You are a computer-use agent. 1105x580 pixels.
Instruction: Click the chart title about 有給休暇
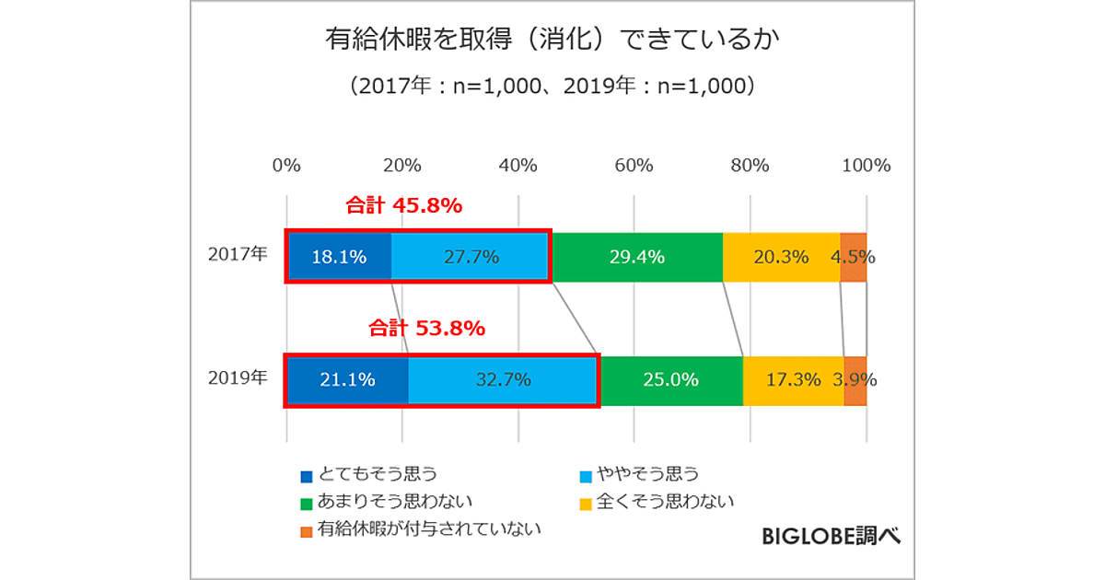(x=552, y=41)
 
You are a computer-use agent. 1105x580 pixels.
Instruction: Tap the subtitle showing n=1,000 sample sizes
(x=552, y=87)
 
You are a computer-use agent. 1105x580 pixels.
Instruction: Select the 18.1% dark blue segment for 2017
(x=339, y=257)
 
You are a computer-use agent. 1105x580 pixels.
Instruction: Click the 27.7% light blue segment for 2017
(x=471, y=257)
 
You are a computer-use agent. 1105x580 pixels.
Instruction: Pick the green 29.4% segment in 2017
(x=637, y=257)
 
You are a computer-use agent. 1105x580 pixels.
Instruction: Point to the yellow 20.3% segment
(x=781, y=257)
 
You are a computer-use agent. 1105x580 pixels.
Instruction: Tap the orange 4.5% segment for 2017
(x=854, y=257)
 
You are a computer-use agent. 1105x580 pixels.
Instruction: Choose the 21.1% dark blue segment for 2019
(x=347, y=379)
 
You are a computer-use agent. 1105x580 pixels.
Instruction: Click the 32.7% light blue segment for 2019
(x=503, y=379)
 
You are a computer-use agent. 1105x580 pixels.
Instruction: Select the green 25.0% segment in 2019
(x=671, y=379)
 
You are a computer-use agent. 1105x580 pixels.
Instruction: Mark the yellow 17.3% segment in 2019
(x=793, y=379)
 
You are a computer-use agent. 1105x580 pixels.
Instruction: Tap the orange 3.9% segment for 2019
(x=855, y=379)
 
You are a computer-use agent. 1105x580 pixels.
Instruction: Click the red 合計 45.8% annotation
(x=402, y=206)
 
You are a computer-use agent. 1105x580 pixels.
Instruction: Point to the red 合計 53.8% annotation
(x=426, y=328)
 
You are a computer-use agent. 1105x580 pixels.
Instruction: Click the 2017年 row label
(x=238, y=255)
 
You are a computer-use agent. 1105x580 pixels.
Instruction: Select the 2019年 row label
(x=238, y=377)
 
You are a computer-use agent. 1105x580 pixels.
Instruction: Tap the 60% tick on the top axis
(x=634, y=166)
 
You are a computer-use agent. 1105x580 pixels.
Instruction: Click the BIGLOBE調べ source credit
(x=832, y=536)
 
